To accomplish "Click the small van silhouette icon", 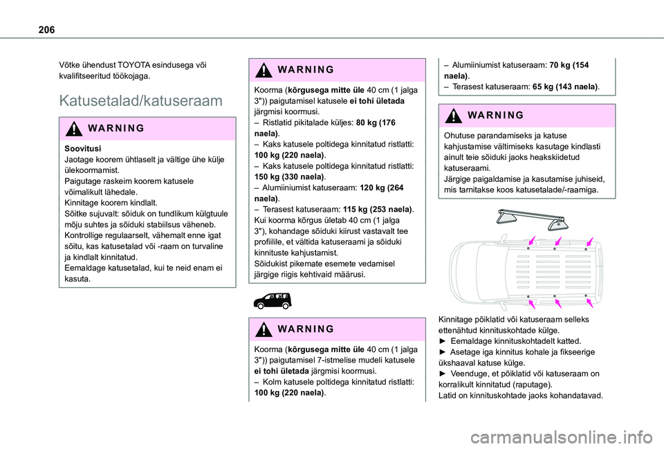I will pos(273,300).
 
